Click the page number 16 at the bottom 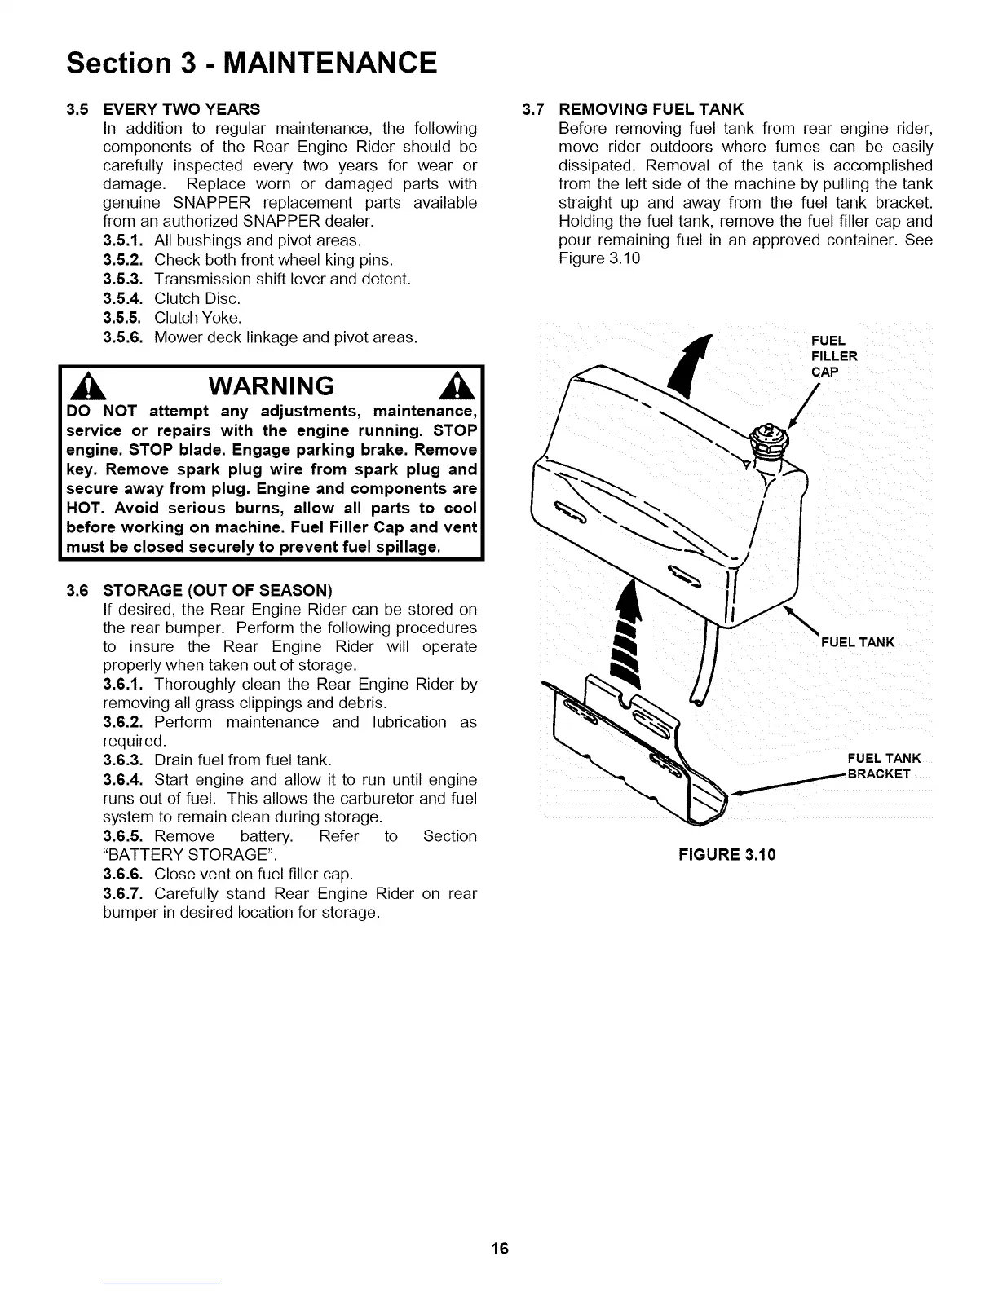pos(500,1248)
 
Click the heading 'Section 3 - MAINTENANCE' pos(252,62)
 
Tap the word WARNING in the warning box pos(272,385)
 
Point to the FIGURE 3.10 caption pos(722,855)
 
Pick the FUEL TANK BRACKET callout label pos(883,766)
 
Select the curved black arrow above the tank pos(689,367)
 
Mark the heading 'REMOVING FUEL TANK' pos(651,109)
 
